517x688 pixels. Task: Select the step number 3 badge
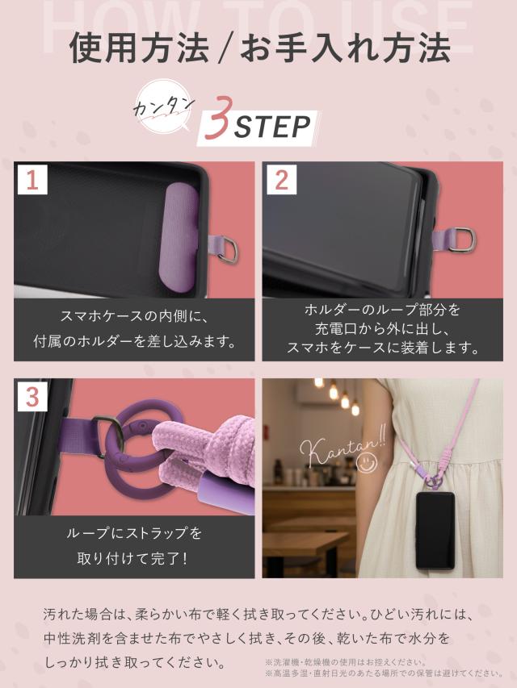tap(32, 397)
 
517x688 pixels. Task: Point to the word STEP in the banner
tap(272, 127)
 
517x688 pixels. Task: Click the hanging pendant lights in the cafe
tap(339, 395)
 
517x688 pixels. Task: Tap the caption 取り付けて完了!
tap(133, 557)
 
